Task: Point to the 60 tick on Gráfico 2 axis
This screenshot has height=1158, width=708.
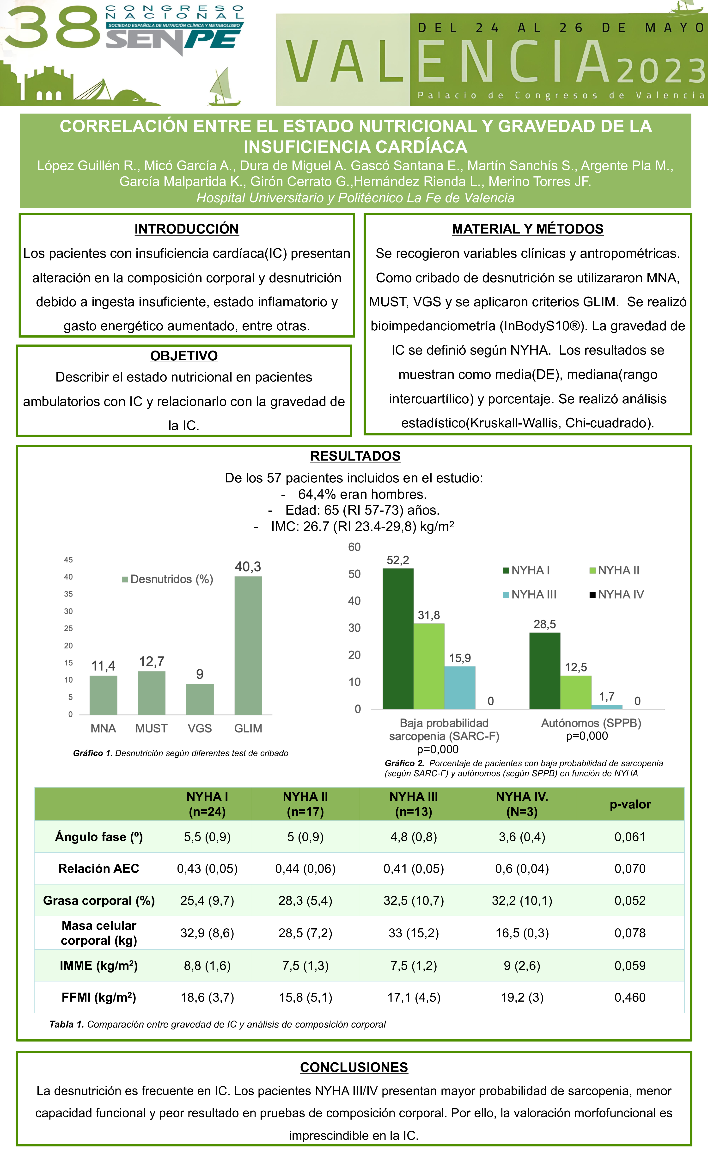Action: point(354,547)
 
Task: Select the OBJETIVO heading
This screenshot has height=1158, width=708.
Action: point(184,356)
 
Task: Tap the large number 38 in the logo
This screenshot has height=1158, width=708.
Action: point(52,28)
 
